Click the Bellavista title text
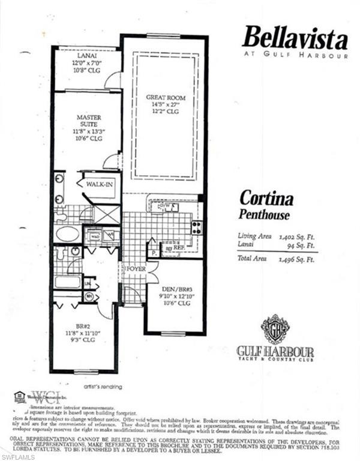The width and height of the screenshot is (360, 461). click(295, 39)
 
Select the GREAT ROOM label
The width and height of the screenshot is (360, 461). click(166, 97)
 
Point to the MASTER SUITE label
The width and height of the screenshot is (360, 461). click(88, 121)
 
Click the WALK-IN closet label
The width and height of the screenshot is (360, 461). click(99, 184)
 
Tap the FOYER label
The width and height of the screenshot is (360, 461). click(136, 269)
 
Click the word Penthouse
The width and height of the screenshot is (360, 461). click(265, 214)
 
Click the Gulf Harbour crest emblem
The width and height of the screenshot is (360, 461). click(275, 329)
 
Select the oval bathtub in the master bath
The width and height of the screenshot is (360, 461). click(67, 234)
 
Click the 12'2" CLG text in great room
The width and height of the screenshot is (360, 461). click(165, 111)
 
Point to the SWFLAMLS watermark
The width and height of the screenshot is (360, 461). click(18, 457)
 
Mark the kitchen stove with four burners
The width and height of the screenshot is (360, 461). click(196, 227)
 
